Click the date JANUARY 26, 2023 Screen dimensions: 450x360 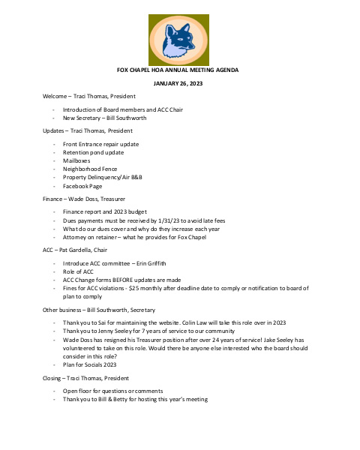(178, 82)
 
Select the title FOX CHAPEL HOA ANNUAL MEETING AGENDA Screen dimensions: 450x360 (178, 69)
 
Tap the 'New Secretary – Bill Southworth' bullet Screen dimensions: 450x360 (104, 118)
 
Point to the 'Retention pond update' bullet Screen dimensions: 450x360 (93, 152)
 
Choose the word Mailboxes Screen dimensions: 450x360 (79, 160)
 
